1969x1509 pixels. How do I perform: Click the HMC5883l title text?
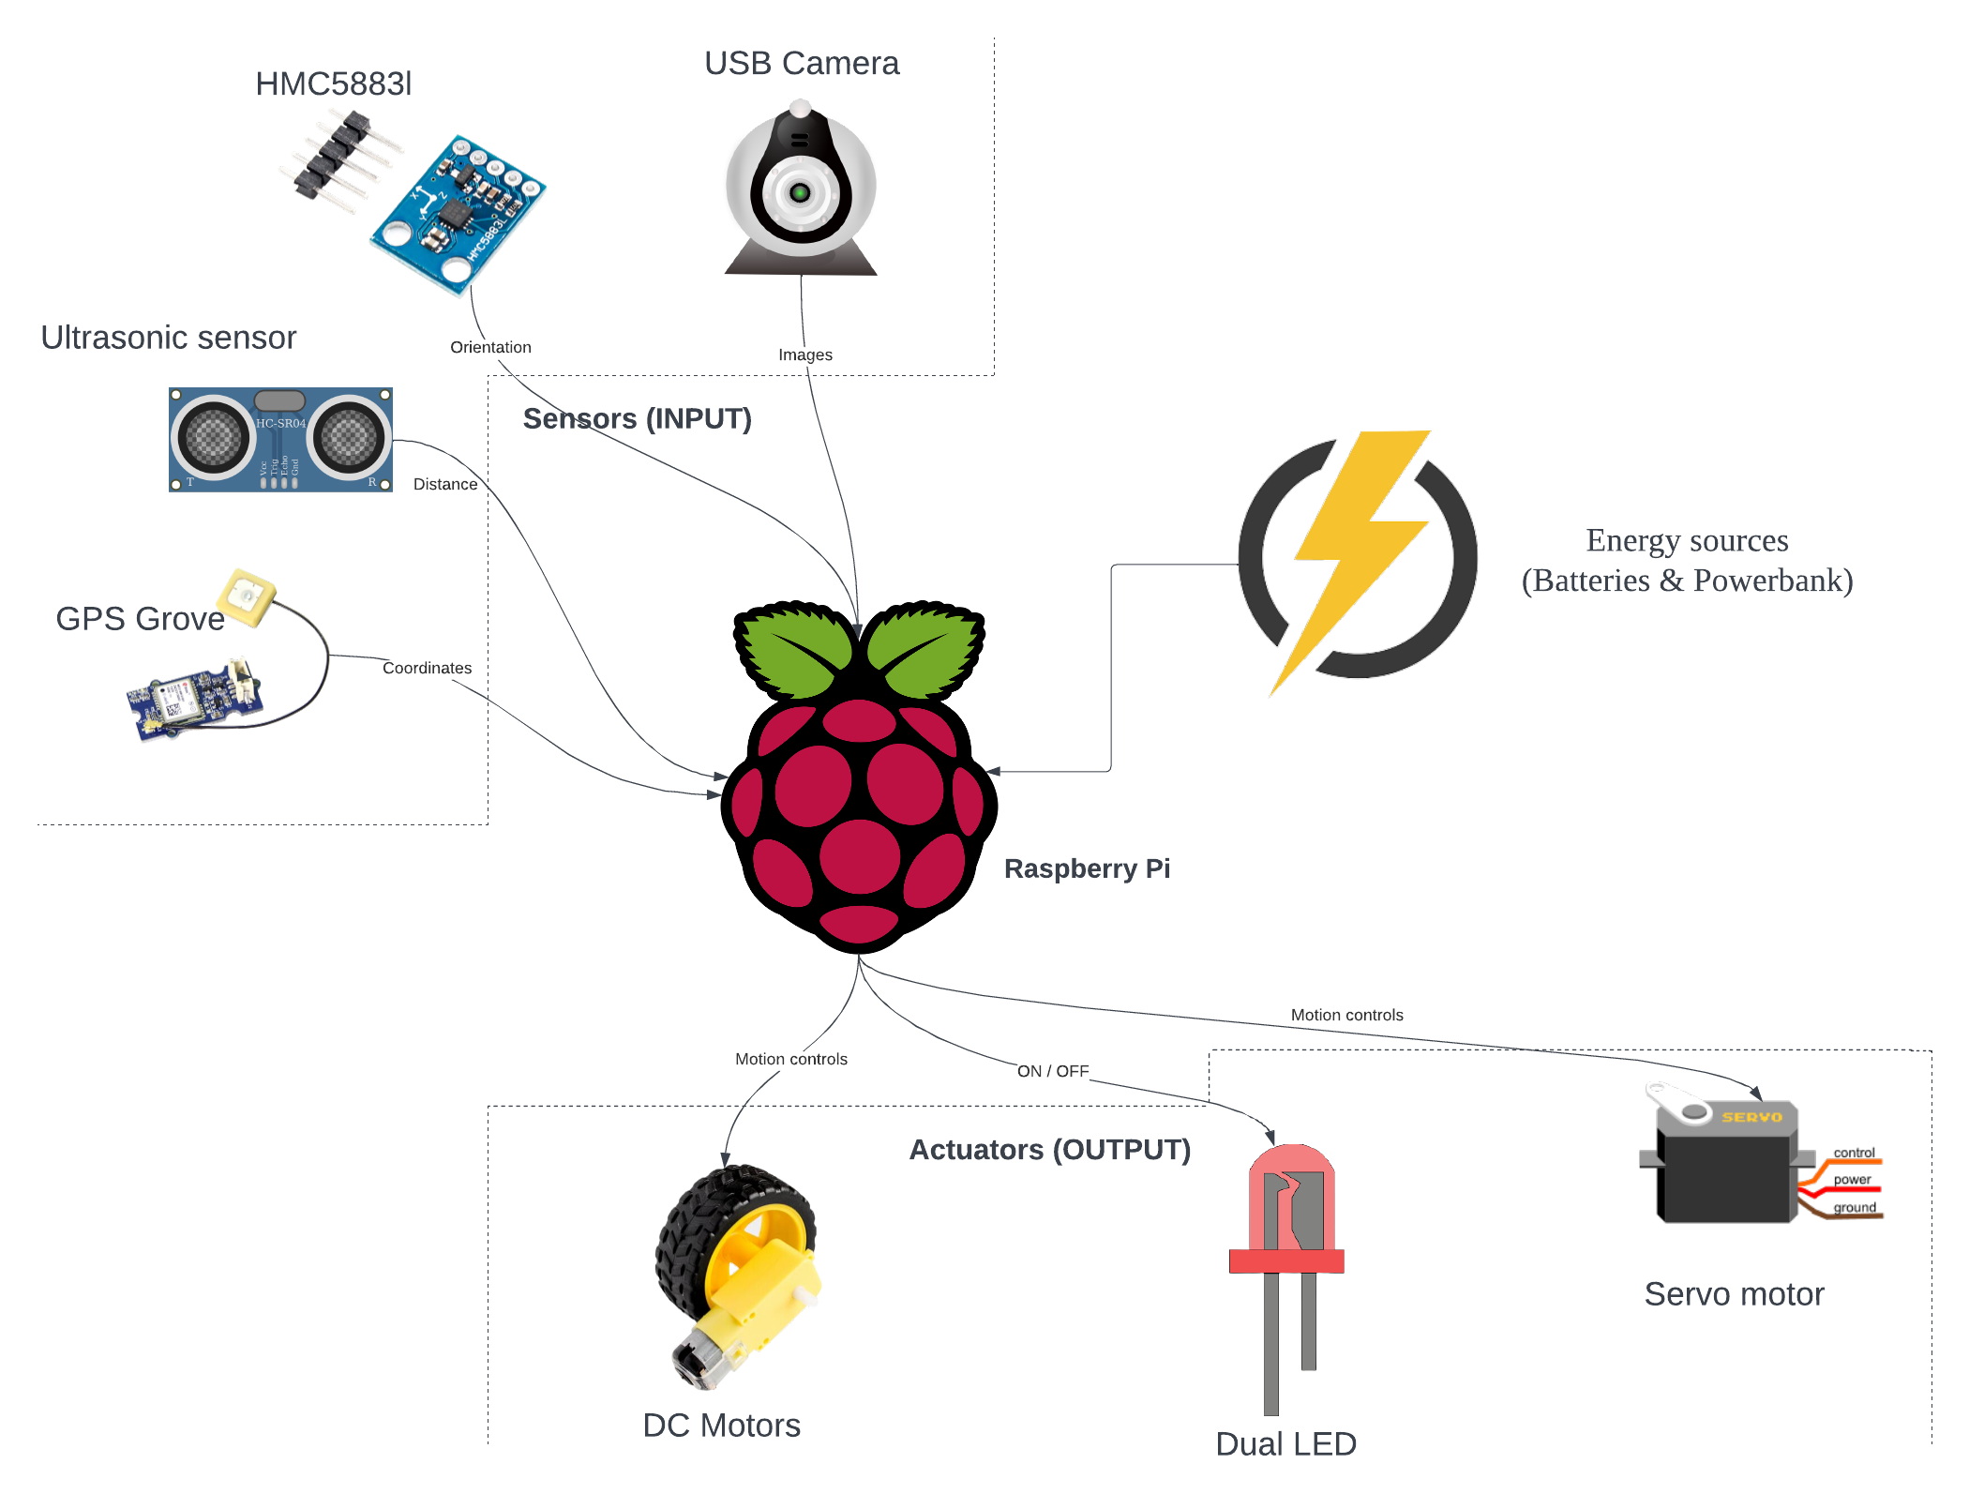click(333, 84)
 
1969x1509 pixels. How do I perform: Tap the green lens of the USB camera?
click(800, 193)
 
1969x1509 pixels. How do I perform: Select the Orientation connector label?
click(490, 347)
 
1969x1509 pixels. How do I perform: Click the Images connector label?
click(804, 355)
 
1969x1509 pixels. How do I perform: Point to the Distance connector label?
click(444, 484)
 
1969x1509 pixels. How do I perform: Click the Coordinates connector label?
click(427, 668)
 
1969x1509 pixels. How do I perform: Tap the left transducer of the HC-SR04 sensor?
click(214, 437)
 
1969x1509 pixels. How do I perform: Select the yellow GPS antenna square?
click(247, 596)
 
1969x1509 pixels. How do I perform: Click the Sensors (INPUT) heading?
click(637, 418)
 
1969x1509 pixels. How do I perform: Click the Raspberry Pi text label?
click(1086, 868)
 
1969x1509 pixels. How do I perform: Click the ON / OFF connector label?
click(1052, 1071)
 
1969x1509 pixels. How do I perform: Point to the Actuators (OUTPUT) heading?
click(1049, 1150)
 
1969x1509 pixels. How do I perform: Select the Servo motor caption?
click(1733, 1294)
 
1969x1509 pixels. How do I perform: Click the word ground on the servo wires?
click(1854, 1208)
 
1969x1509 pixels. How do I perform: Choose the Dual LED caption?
click(1285, 1444)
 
